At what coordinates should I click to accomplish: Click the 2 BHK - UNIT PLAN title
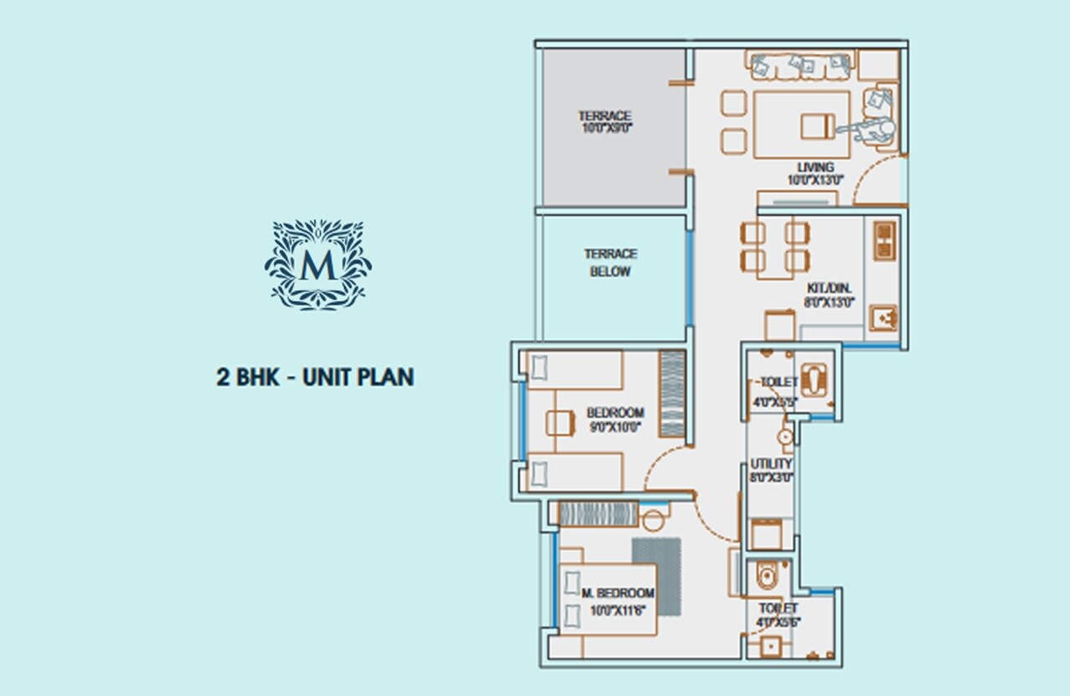315,377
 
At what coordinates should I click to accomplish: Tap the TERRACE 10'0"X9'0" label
604,122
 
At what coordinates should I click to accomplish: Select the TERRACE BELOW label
610,262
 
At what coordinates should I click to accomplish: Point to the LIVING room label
815,173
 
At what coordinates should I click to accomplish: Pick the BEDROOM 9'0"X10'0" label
615,419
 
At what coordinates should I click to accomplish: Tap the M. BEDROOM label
618,600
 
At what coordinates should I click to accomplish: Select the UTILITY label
771,470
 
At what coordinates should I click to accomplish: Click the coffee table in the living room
802,125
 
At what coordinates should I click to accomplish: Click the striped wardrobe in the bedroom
672,393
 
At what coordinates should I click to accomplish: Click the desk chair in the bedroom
558,422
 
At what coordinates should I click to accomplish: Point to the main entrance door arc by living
876,179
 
